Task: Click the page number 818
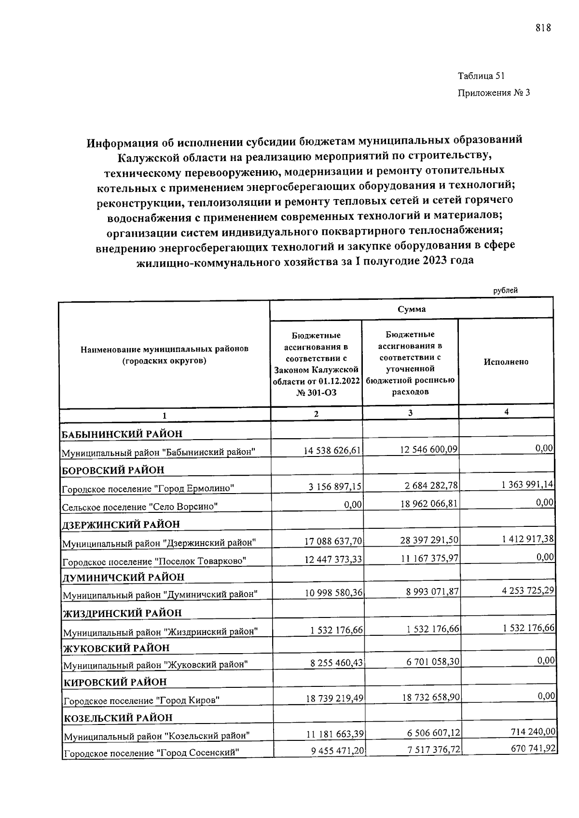click(x=543, y=28)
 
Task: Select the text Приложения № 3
click(x=493, y=93)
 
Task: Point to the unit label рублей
click(x=505, y=291)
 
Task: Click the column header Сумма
click(x=412, y=309)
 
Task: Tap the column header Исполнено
click(x=506, y=362)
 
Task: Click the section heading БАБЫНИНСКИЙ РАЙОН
click(x=122, y=434)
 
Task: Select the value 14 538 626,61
click(x=332, y=450)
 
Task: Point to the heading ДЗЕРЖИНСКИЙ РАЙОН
click(x=121, y=524)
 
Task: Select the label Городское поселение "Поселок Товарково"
click(x=155, y=561)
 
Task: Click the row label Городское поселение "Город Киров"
click(x=142, y=700)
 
